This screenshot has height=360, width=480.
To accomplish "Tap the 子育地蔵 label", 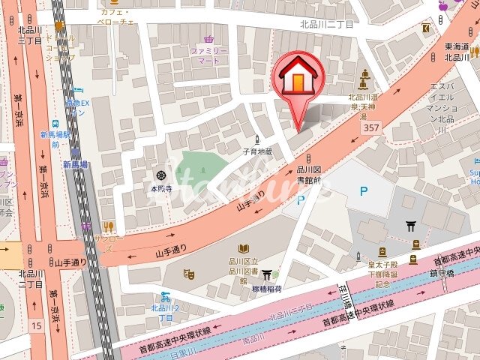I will pos(257,151).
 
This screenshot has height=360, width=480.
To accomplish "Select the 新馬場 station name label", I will pos(75,164).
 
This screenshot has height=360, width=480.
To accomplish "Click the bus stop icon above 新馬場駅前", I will pos(55,124).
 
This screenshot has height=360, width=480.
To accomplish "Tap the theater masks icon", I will pos(189,275).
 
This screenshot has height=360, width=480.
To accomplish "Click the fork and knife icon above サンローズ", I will pos(108,226).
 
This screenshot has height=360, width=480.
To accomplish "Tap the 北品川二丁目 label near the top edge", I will pos(326,24).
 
